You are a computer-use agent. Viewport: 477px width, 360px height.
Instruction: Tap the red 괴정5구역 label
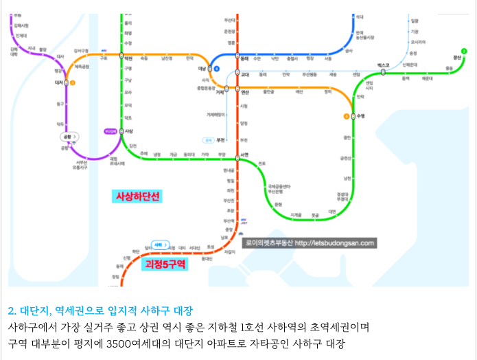163,265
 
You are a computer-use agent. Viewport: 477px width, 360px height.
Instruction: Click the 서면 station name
245,153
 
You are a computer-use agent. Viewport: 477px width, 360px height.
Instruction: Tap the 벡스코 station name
383,65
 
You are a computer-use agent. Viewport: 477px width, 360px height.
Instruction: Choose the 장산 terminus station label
457,56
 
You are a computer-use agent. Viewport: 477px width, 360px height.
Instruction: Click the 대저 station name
58,82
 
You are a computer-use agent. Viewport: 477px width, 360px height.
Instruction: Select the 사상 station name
129,131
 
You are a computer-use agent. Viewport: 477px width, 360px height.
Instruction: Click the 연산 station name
244,91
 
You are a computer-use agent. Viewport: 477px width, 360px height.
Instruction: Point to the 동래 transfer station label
244,58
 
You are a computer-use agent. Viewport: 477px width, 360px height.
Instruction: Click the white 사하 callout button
159,245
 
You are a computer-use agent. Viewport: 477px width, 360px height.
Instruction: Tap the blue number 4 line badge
216,69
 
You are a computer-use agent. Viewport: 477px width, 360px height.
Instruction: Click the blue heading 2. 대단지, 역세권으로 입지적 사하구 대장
100,310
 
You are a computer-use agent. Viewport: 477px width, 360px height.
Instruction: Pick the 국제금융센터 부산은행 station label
279,189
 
